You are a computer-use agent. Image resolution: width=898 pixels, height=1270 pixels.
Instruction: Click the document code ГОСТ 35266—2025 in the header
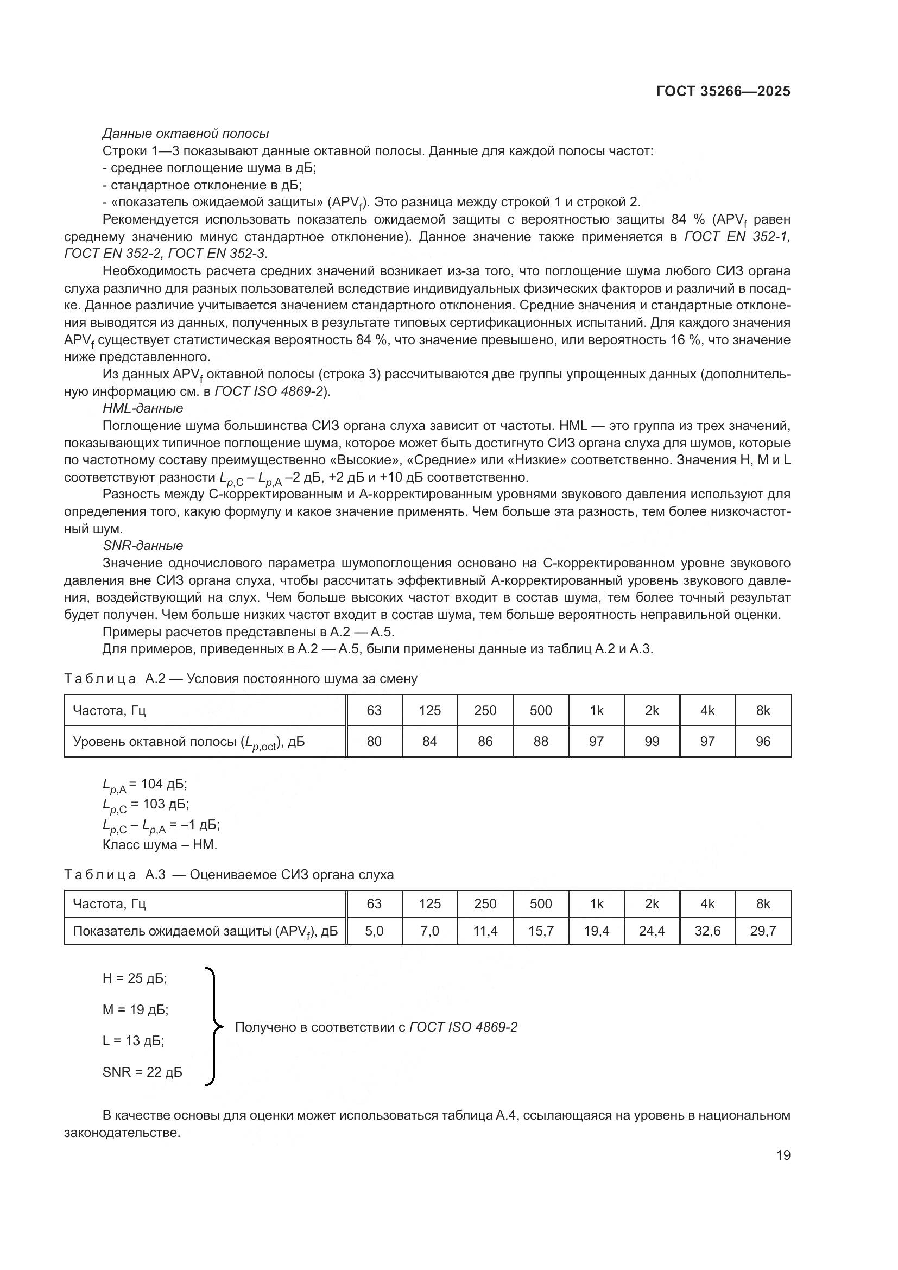(x=723, y=92)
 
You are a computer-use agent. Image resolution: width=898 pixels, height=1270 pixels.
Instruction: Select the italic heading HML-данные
(x=143, y=408)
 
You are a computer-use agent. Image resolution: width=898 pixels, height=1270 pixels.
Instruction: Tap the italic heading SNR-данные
(x=143, y=545)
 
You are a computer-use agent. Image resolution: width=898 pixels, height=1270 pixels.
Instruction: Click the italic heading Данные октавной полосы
(x=185, y=134)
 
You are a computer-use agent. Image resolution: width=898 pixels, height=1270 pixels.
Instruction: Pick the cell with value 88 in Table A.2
(x=540, y=741)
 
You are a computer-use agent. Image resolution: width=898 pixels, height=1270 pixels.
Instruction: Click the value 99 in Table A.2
(x=652, y=741)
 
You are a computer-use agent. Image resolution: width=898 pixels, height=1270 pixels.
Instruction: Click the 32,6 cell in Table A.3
(x=707, y=931)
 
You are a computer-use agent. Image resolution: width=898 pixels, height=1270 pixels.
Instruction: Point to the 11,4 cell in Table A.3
(x=485, y=931)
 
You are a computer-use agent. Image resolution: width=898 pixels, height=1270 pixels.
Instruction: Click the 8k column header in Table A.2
(x=762, y=710)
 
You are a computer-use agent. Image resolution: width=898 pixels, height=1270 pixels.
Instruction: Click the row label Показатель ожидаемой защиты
(x=205, y=932)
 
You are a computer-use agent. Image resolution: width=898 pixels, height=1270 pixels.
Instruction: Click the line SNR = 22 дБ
(x=142, y=1072)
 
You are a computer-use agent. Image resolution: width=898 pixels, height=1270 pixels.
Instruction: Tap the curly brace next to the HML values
(x=212, y=1027)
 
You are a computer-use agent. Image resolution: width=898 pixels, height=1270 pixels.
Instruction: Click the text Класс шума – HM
(x=160, y=845)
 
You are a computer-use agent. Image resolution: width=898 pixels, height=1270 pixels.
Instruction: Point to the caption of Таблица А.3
(x=229, y=875)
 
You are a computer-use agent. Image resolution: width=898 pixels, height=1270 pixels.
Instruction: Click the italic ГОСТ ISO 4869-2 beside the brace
(x=463, y=1027)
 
